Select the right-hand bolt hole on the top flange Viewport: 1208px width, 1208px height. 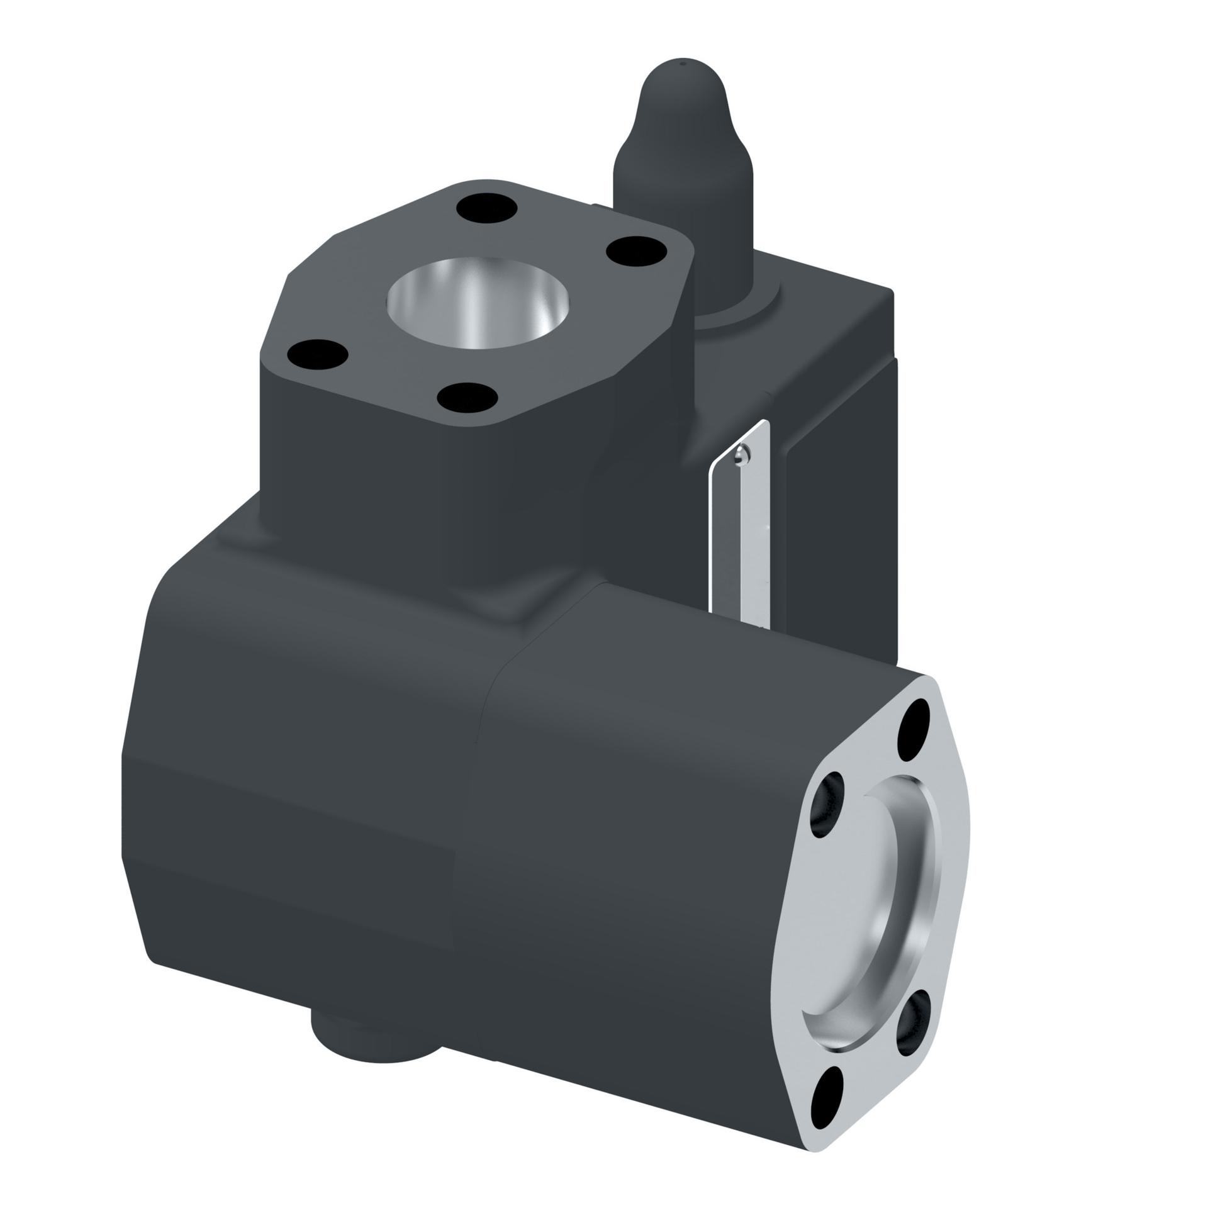(x=636, y=250)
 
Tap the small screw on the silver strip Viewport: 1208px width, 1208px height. (x=742, y=454)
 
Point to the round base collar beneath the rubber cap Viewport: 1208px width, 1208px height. (x=736, y=308)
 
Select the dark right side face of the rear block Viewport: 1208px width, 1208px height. (x=843, y=516)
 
